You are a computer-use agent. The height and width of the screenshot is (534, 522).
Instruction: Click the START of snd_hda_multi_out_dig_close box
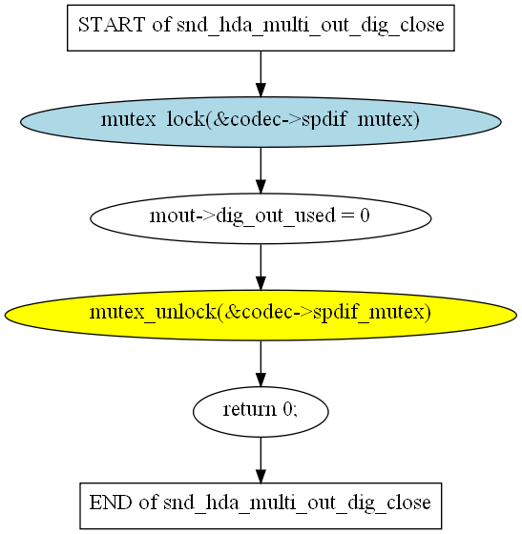click(261, 28)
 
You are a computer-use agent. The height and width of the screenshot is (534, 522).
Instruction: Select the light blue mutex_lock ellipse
click(261, 122)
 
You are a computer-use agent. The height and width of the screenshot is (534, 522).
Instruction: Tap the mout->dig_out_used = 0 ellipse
click(261, 218)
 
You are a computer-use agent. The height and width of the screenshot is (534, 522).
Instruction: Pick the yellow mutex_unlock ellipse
click(261, 316)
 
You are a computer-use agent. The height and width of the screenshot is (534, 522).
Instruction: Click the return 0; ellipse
click(261, 412)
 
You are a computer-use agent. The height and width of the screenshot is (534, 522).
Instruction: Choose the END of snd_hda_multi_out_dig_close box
click(261, 505)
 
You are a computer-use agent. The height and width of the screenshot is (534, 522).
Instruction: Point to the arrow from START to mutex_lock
click(261, 74)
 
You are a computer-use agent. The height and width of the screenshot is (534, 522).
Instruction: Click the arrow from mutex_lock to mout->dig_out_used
click(261, 171)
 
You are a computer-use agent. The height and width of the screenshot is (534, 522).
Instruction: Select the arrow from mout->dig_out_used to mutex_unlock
click(261, 267)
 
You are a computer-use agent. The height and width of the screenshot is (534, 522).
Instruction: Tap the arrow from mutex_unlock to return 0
click(261, 363)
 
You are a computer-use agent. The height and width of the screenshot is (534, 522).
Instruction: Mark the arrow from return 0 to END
click(261, 460)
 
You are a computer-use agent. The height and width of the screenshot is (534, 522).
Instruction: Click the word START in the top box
click(112, 25)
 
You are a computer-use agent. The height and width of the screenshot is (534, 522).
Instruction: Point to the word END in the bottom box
click(111, 503)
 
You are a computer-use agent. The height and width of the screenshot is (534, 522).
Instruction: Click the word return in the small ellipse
click(249, 409)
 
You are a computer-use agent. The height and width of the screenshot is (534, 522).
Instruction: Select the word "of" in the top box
click(161, 25)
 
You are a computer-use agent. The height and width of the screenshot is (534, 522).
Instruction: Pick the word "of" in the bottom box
click(148, 503)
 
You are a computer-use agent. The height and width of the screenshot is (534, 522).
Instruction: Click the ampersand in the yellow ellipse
click(232, 313)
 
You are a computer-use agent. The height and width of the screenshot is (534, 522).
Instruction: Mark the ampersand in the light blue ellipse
click(219, 119)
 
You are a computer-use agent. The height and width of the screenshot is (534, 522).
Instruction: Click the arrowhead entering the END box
click(261, 476)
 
